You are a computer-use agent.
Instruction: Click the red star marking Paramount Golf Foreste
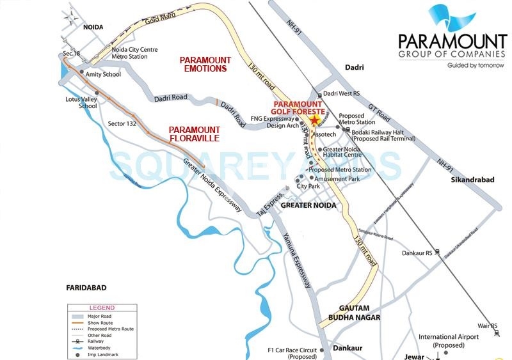pos(314,121)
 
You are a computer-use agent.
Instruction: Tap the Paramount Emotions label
pos(203,63)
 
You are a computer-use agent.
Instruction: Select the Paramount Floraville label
pos(194,133)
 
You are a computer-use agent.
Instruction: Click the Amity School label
pos(103,74)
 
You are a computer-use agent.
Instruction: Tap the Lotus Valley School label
pos(79,102)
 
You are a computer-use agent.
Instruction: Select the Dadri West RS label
pos(342,93)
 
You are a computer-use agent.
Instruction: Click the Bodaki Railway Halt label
pos(382,134)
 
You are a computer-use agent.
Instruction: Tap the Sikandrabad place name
pos(470,180)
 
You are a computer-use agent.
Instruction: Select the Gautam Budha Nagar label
pos(355,313)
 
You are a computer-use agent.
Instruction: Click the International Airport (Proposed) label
pos(449,340)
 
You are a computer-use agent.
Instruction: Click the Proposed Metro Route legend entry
pos(113,328)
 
